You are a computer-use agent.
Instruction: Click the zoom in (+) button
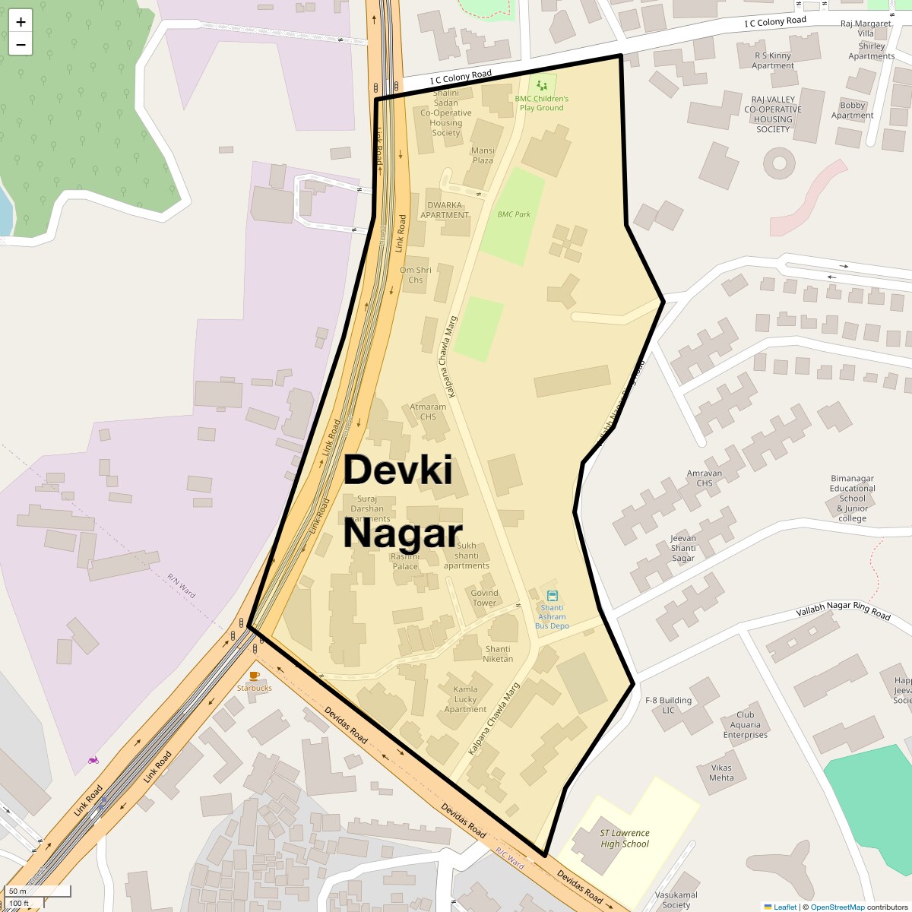pyautogui.click(x=21, y=22)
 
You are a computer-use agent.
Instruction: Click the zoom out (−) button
pyautogui.click(x=21, y=45)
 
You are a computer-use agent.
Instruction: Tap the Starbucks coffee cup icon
pyautogui.click(x=254, y=675)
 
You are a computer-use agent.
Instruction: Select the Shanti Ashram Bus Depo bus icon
pyautogui.click(x=553, y=596)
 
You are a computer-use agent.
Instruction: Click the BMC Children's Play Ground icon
pyautogui.click(x=541, y=86)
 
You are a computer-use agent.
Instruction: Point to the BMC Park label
pyautogui.click(x=514, y=214)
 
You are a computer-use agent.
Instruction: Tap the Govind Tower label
pyautogui.click(x=484, y=598)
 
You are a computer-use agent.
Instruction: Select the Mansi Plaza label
pyautogui.click(x=483, y=156)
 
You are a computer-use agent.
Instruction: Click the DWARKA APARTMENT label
pyautogui.click(x=445, y=210)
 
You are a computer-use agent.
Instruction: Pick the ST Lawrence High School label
pyautogui.click(x=625, y=838)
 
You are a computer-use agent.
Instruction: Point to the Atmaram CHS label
pyautogui.click(x=428, y=412)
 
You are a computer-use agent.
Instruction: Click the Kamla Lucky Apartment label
pyautogui.click(x=465, y=699)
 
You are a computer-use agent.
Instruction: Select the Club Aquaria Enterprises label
pyautogui.click(x=746, y=725)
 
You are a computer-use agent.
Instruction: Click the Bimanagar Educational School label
pyautogui.click(x=852, y=499)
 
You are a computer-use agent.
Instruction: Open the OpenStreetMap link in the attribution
pyautogui.click(x=837, y=907)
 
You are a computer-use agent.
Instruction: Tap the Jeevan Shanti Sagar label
pyautogui.click(x=683, y=548)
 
